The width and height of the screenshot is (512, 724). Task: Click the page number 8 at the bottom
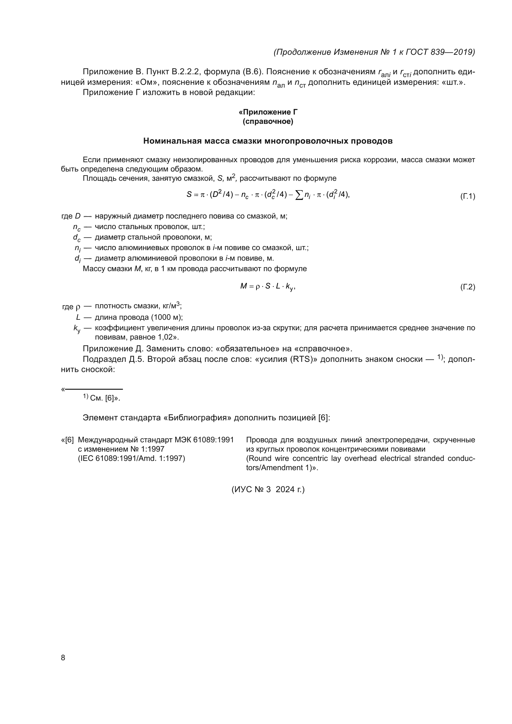point(63,657)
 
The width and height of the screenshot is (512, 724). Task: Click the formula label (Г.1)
point(467,197)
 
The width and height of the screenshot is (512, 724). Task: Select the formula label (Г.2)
point(467,287)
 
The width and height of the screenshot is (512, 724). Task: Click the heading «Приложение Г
point(268,112)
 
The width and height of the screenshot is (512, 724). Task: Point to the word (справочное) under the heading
point(268,122)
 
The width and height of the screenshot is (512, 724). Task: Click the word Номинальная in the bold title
point(172,141)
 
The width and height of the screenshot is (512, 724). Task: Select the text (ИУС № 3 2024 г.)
point(268,489)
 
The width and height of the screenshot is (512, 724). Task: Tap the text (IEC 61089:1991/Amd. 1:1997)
point(132,458)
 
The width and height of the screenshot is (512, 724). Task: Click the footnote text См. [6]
point(104,398)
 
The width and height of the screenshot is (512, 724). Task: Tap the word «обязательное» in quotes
point(246,349)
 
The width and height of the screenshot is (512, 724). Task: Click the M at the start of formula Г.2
point(243,286)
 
